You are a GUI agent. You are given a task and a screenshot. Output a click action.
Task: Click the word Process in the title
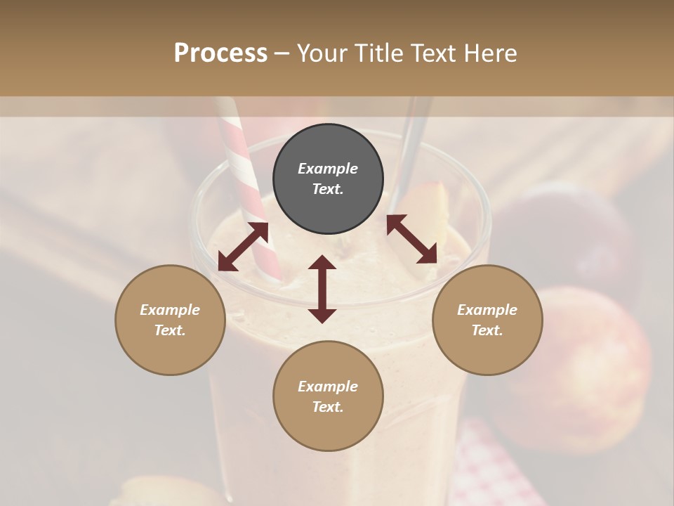(x=220, y=53)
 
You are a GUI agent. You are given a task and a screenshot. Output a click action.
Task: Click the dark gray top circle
(x=328, y=179)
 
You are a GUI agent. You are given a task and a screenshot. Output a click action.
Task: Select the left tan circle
(x=170, y=320)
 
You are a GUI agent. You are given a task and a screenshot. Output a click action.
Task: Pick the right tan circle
(x=487, y=320)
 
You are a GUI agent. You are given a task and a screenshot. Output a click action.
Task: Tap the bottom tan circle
(x=328, y=396)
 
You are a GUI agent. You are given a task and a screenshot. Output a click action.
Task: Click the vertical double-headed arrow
(x=322, y=290)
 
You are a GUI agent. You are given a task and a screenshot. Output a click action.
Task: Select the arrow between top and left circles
(x=243, y=247)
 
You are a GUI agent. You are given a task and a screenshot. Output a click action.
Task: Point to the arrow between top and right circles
(x=411, y=239)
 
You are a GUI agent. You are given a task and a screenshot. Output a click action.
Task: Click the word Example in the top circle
(x=328, y=169)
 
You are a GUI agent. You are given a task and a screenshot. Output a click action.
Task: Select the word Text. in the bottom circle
(x=328, y=407)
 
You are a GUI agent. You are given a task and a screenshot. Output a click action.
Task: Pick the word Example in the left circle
(x=170, y=310)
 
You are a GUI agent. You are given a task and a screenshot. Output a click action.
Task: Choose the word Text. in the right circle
(x=487, y=330)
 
